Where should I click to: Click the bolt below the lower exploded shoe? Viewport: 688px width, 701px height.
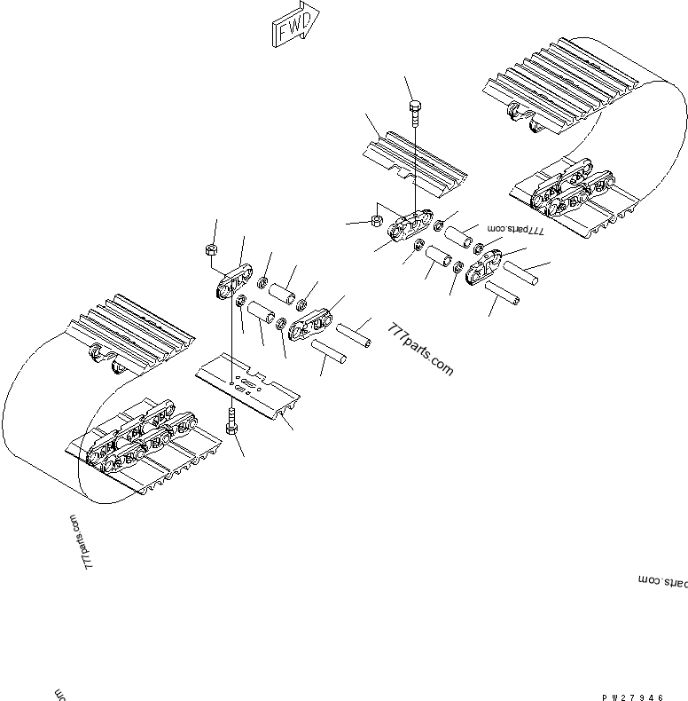[x=231, y=421]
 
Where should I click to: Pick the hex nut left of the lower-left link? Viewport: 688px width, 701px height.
[x=212, y=249]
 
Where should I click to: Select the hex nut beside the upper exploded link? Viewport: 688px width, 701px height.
[x=375, y=218]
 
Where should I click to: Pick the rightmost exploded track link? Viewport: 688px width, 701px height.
[x=485, y=267]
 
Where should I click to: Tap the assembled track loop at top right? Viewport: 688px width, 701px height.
[x=585, y=142]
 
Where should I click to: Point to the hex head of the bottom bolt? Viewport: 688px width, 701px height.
[x=231, y=431]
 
